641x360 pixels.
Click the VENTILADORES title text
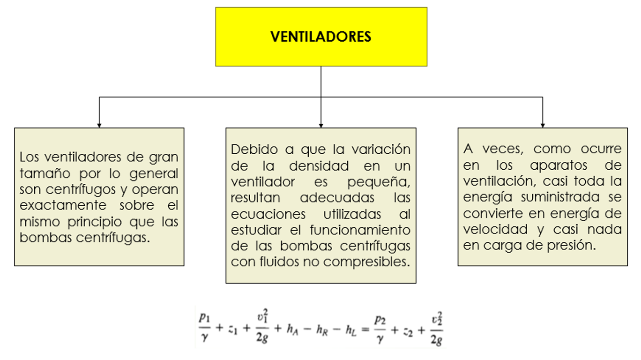321,37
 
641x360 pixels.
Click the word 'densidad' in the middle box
319,166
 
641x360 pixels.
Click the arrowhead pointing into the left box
99,125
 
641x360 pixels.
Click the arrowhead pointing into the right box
543,125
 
